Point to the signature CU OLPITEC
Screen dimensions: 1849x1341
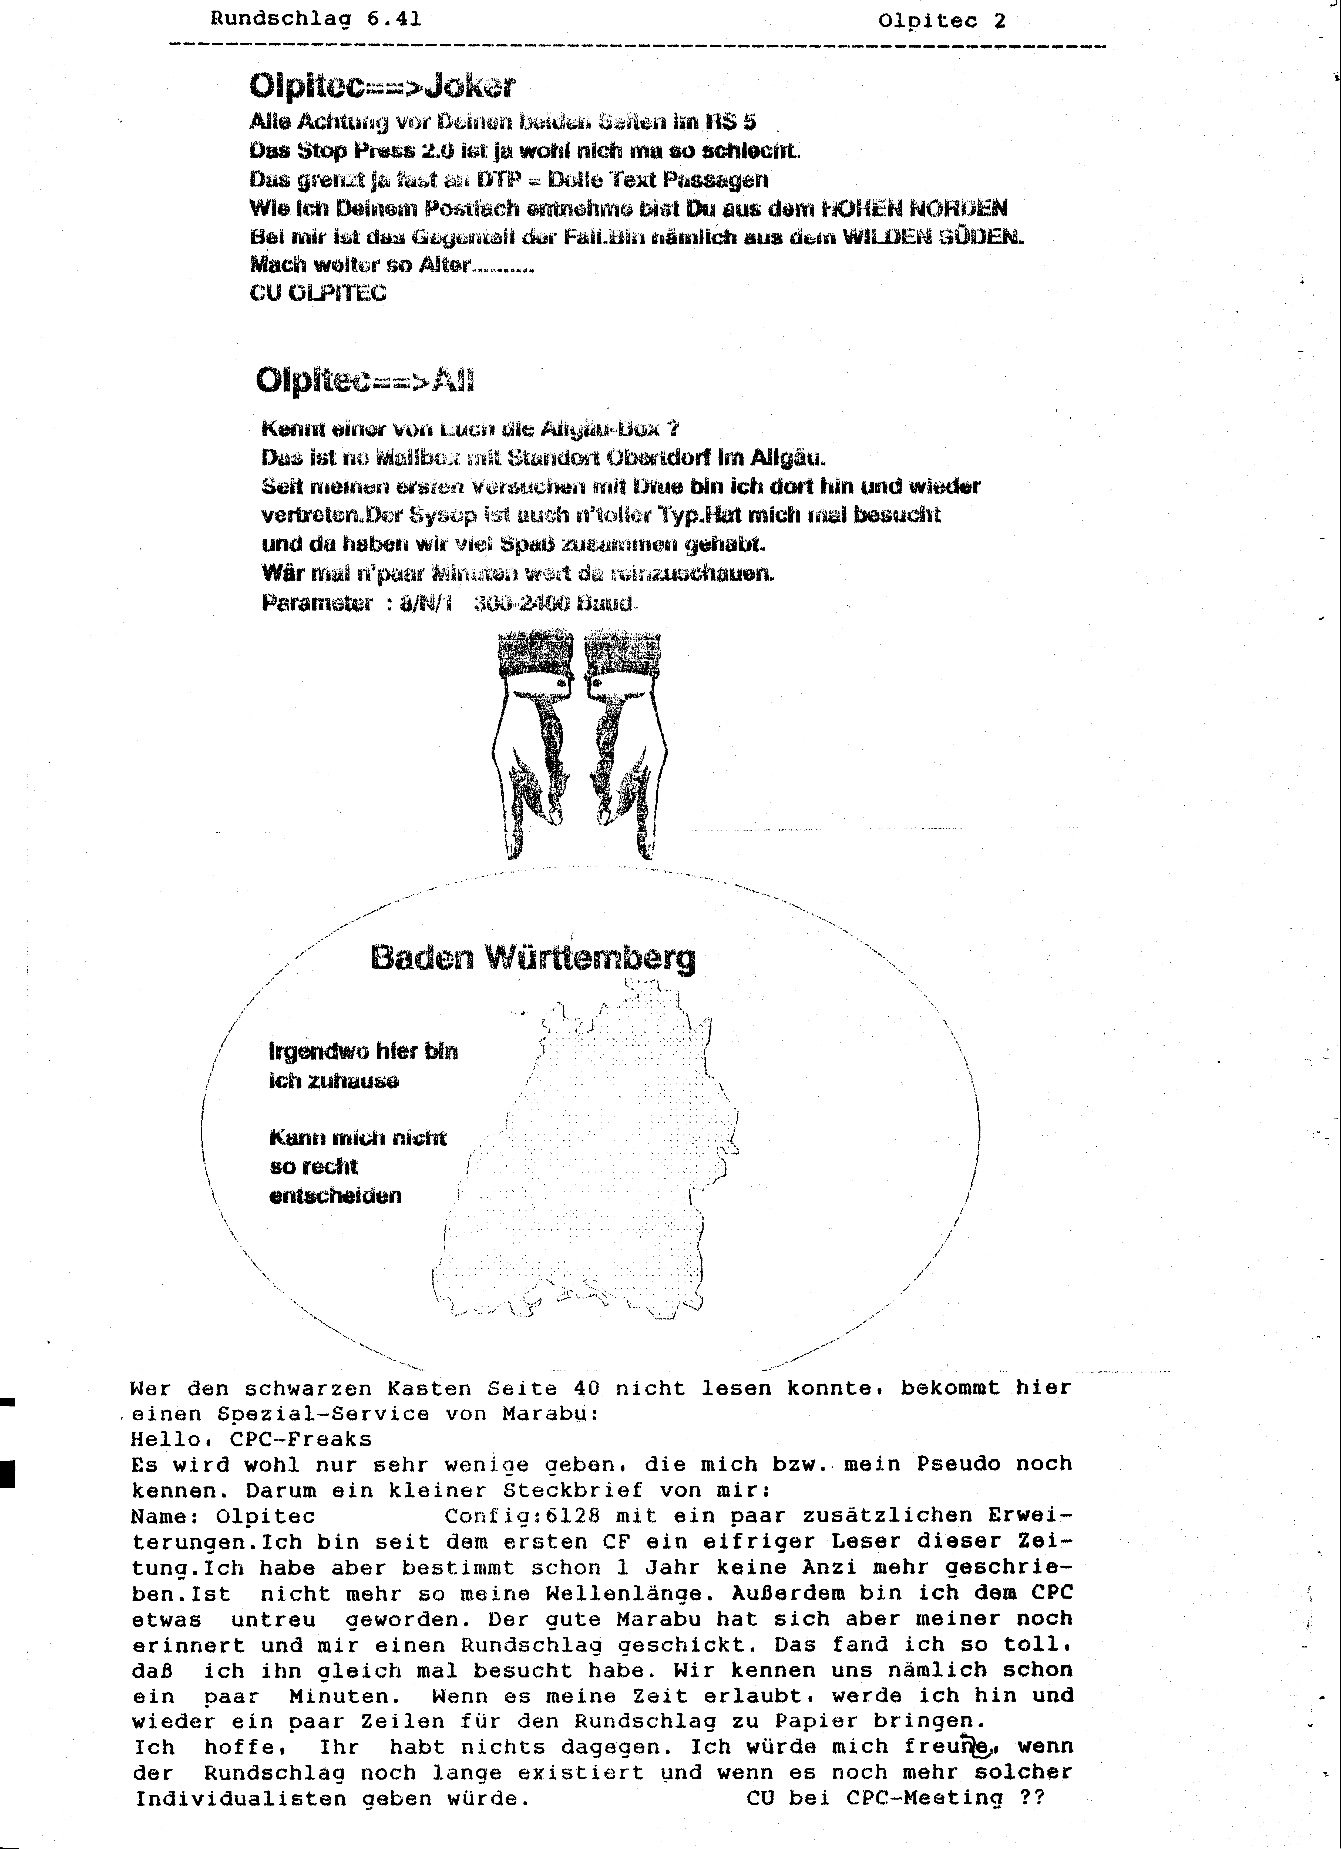(318, 293)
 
